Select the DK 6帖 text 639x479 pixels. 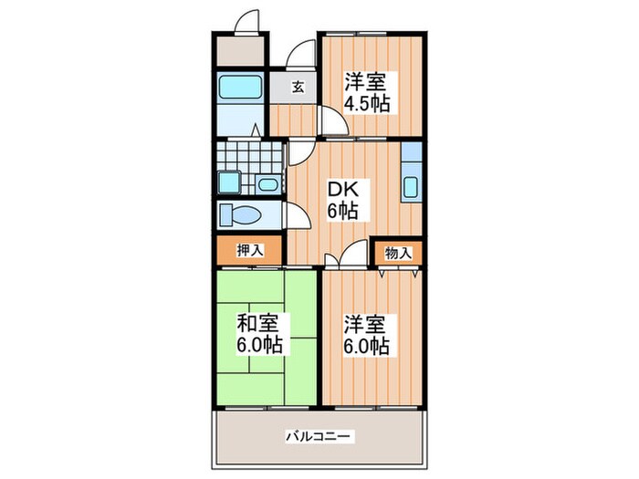click(x=343, y=200)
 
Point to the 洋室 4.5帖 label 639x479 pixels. click(x=367, y=91)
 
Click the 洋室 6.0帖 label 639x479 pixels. click(x=367, y=335)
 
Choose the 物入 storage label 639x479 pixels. click(x=399, y=253)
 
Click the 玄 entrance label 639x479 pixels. click(x=297, y=89)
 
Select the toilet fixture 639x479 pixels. click(x=242, y=216)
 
